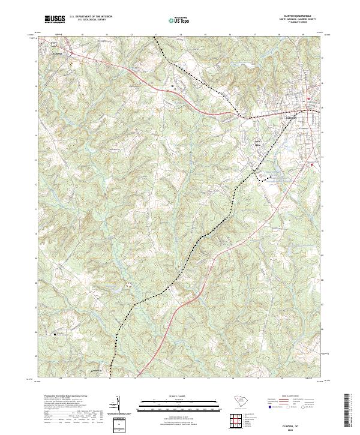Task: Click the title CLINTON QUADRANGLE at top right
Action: click(x=293, y=16)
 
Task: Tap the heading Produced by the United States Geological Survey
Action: click(x=59, y=396)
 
